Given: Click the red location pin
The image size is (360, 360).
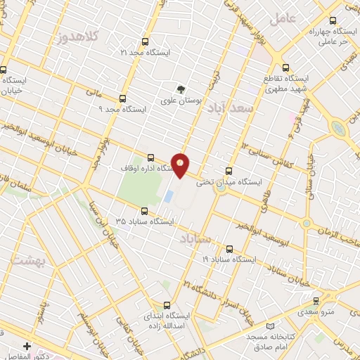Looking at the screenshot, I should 181,165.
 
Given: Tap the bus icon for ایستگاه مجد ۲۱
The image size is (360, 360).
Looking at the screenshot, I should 146,41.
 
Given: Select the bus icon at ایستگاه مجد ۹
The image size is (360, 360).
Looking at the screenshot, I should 123,99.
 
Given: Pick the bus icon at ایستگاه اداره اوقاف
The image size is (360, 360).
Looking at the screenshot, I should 151,157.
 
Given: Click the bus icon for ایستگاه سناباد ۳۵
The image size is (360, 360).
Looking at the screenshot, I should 145,210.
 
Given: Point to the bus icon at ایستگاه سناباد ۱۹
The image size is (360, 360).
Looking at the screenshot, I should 230,249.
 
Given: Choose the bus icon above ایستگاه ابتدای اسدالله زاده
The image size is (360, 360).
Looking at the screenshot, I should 167,305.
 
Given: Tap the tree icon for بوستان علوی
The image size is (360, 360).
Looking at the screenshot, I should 182,89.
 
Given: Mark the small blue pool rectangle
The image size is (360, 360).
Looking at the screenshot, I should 168,195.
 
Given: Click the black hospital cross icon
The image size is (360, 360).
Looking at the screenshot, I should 27,347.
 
